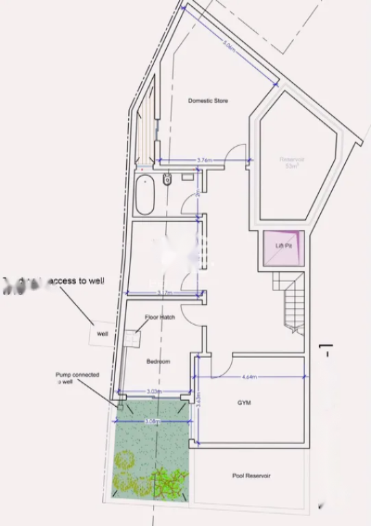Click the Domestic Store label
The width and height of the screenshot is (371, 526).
coord(208,101)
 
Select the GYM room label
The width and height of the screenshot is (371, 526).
coord(243,403)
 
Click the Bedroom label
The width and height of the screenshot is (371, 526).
coord(158,361)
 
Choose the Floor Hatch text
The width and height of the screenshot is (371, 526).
coord(160,317)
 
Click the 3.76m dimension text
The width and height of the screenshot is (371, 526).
coord(204,160)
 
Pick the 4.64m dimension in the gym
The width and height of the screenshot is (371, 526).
coord(249,377)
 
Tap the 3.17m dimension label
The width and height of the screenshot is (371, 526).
coord(164,293)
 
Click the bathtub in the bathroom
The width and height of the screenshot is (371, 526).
coord(145,195)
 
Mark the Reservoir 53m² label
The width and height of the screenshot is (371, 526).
coord(291,163)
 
